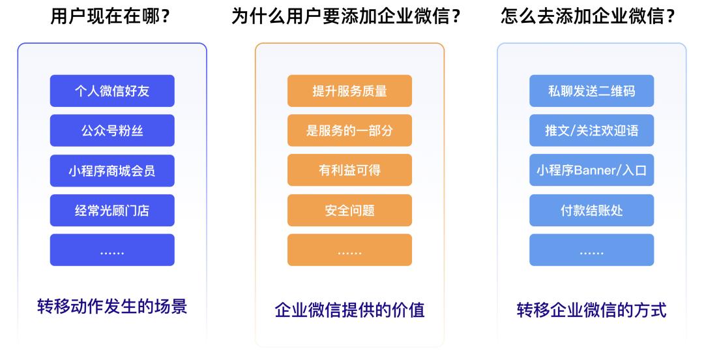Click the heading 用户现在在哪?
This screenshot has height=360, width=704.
111,16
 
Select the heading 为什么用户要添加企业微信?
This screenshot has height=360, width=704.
346,16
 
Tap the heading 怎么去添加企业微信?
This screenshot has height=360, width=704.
588,16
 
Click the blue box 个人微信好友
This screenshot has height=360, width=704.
112,91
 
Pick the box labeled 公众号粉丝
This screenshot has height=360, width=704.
112,130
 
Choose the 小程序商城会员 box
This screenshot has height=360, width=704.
112,171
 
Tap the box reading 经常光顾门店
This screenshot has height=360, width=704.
112,211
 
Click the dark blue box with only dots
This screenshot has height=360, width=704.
112,250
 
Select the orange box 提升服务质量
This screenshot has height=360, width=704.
349,91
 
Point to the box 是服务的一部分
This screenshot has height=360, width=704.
349,130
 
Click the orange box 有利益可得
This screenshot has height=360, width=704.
349,170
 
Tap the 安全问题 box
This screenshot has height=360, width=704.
349,211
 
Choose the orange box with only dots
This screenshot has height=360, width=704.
349,250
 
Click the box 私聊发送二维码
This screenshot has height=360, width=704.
591,91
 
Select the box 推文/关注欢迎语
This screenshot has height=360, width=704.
591,130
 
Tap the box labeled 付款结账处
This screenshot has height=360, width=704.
591,211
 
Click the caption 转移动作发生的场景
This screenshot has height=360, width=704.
112,306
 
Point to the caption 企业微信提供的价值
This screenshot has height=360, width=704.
349,310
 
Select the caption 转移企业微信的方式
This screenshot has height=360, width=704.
591,310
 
